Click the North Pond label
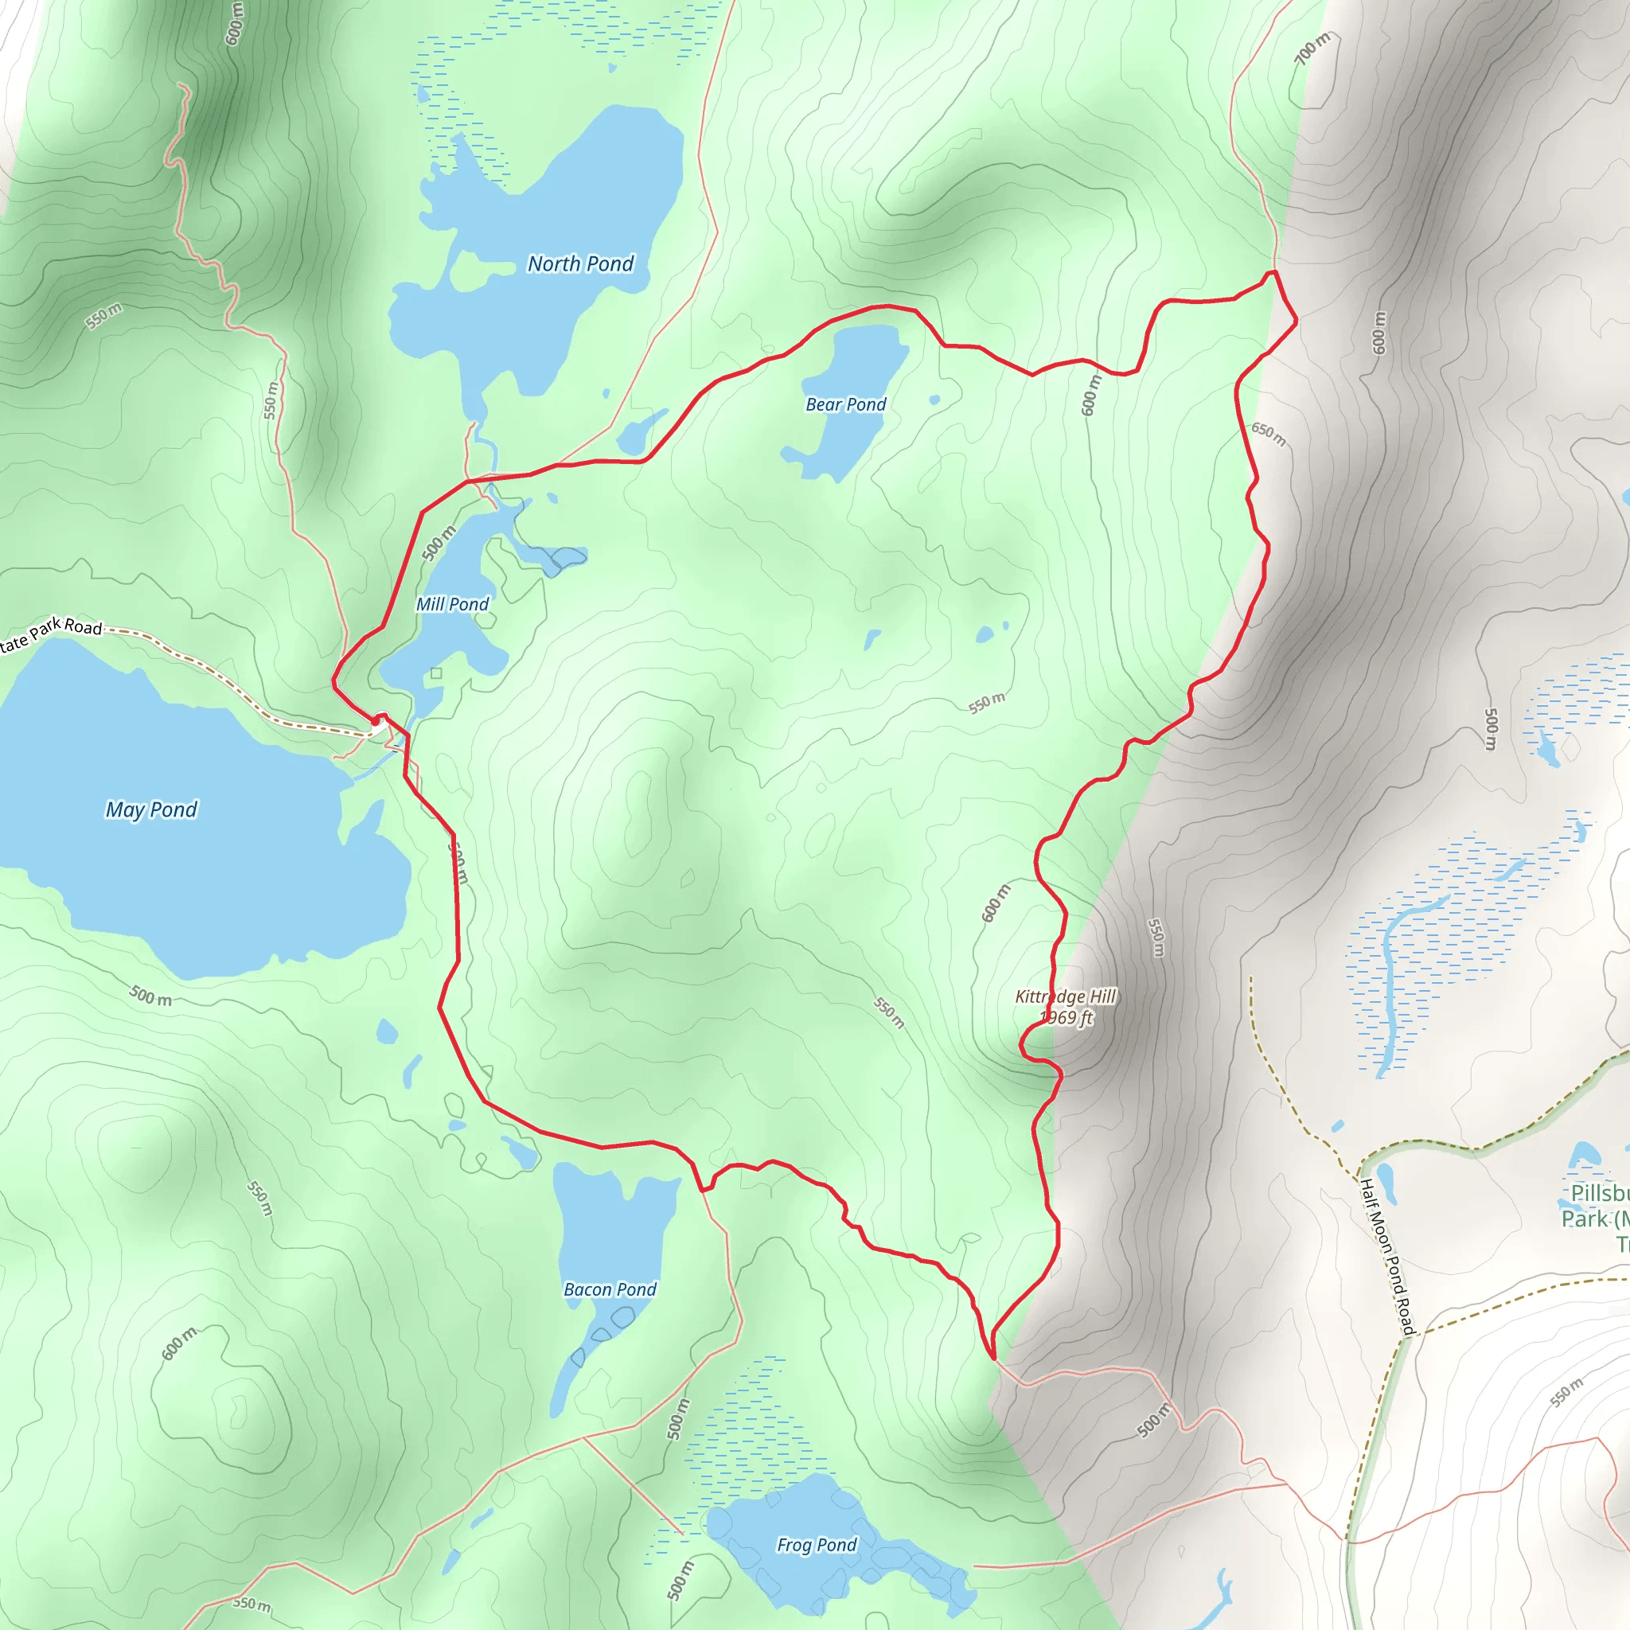pyautogui.click(x=580, y=264)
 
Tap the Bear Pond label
pyautogui.click(x=845, y=404)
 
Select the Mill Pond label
pyautogui.click(x=452, y=604)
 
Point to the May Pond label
pyautogui.click(x=151, y=810)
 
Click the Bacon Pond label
pyautogui.click(x=610, y=1289)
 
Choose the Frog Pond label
pyautogui.click(x=817, y=1545)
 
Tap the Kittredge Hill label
pyautogui.click(x=1066, y=996)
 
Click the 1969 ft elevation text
pyautogui.click(x=1067, y=1017)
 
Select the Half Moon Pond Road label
pyautogui.click(x=1387, y=1257)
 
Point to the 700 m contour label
pyautogui.click(x=1312, y=48)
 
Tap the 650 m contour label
pyautogui.click(x=1268, y=434)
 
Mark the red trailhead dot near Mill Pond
pyautogui.click(x=376, y=721)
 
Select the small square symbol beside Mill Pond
pyautogui.click(x=436, y=673)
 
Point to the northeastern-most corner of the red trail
pyautogui.click(x=1296, y=321)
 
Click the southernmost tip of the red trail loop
pyautogui.click(x=994, y=1359)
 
